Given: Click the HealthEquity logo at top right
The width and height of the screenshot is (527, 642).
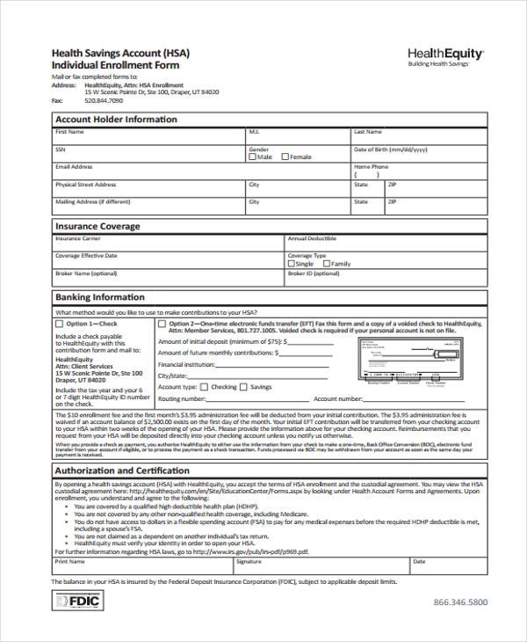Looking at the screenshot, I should coord(446,57).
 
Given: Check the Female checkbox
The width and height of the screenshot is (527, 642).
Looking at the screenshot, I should coord(285,157).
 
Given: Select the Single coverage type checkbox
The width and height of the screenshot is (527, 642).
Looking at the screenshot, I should coord(292,264).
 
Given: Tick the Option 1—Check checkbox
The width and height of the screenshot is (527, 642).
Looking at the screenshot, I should coord(60,325).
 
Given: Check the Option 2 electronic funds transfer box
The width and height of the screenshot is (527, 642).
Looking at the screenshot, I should coord(162,325).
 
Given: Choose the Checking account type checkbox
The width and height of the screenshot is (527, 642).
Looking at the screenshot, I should coord(205,387).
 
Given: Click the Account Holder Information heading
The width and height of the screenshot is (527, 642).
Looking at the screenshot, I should coord(116,120).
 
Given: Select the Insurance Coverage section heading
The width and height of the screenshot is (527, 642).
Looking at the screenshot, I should coord(97,227).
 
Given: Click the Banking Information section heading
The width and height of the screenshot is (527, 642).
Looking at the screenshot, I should coord(100,297).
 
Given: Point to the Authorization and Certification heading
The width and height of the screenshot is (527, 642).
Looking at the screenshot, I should coord(122,471).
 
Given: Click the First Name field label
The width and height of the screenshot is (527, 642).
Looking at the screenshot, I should coord(70,132).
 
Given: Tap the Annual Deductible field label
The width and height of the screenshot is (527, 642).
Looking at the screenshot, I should coord(312,238).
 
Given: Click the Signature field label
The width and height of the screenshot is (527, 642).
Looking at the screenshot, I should coord(249,560).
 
